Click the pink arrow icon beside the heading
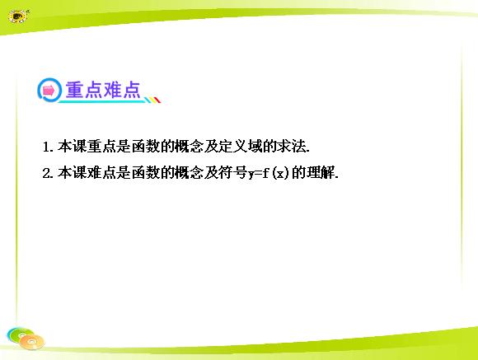coord(49,91)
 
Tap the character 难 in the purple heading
coord(112,90)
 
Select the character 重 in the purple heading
coord(74,90)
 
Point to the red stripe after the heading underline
coord(157,100)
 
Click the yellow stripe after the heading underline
coord(152,100)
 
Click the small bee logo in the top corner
coord(18,16)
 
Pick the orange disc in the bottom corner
coord(31,342)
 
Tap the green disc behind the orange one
coord(19,334)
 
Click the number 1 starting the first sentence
coord(46,147)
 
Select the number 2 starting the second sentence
coord(46,174)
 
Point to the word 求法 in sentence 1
coord(292,147)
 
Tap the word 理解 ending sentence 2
coord(321,173)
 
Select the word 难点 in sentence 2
coord(102,173)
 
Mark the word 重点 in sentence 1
coord(102,147)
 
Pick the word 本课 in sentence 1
coord(73,147)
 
